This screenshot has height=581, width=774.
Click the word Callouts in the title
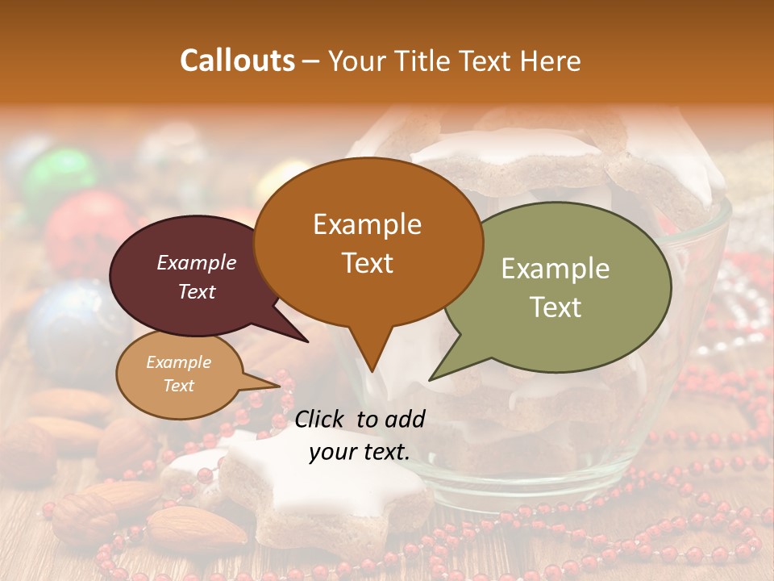pos(237,61)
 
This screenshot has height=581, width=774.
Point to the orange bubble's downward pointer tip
pos(372,371)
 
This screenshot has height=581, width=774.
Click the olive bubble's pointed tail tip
pos(430,379)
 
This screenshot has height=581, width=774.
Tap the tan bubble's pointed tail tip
pos(280,386)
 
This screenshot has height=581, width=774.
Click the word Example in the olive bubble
pos(555,269)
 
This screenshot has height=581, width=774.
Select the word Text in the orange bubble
pos(368,263)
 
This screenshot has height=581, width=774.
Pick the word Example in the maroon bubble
pos(197,262)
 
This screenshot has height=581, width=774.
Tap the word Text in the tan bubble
pos(179,386)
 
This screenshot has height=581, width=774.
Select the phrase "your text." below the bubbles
pos(360,452)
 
